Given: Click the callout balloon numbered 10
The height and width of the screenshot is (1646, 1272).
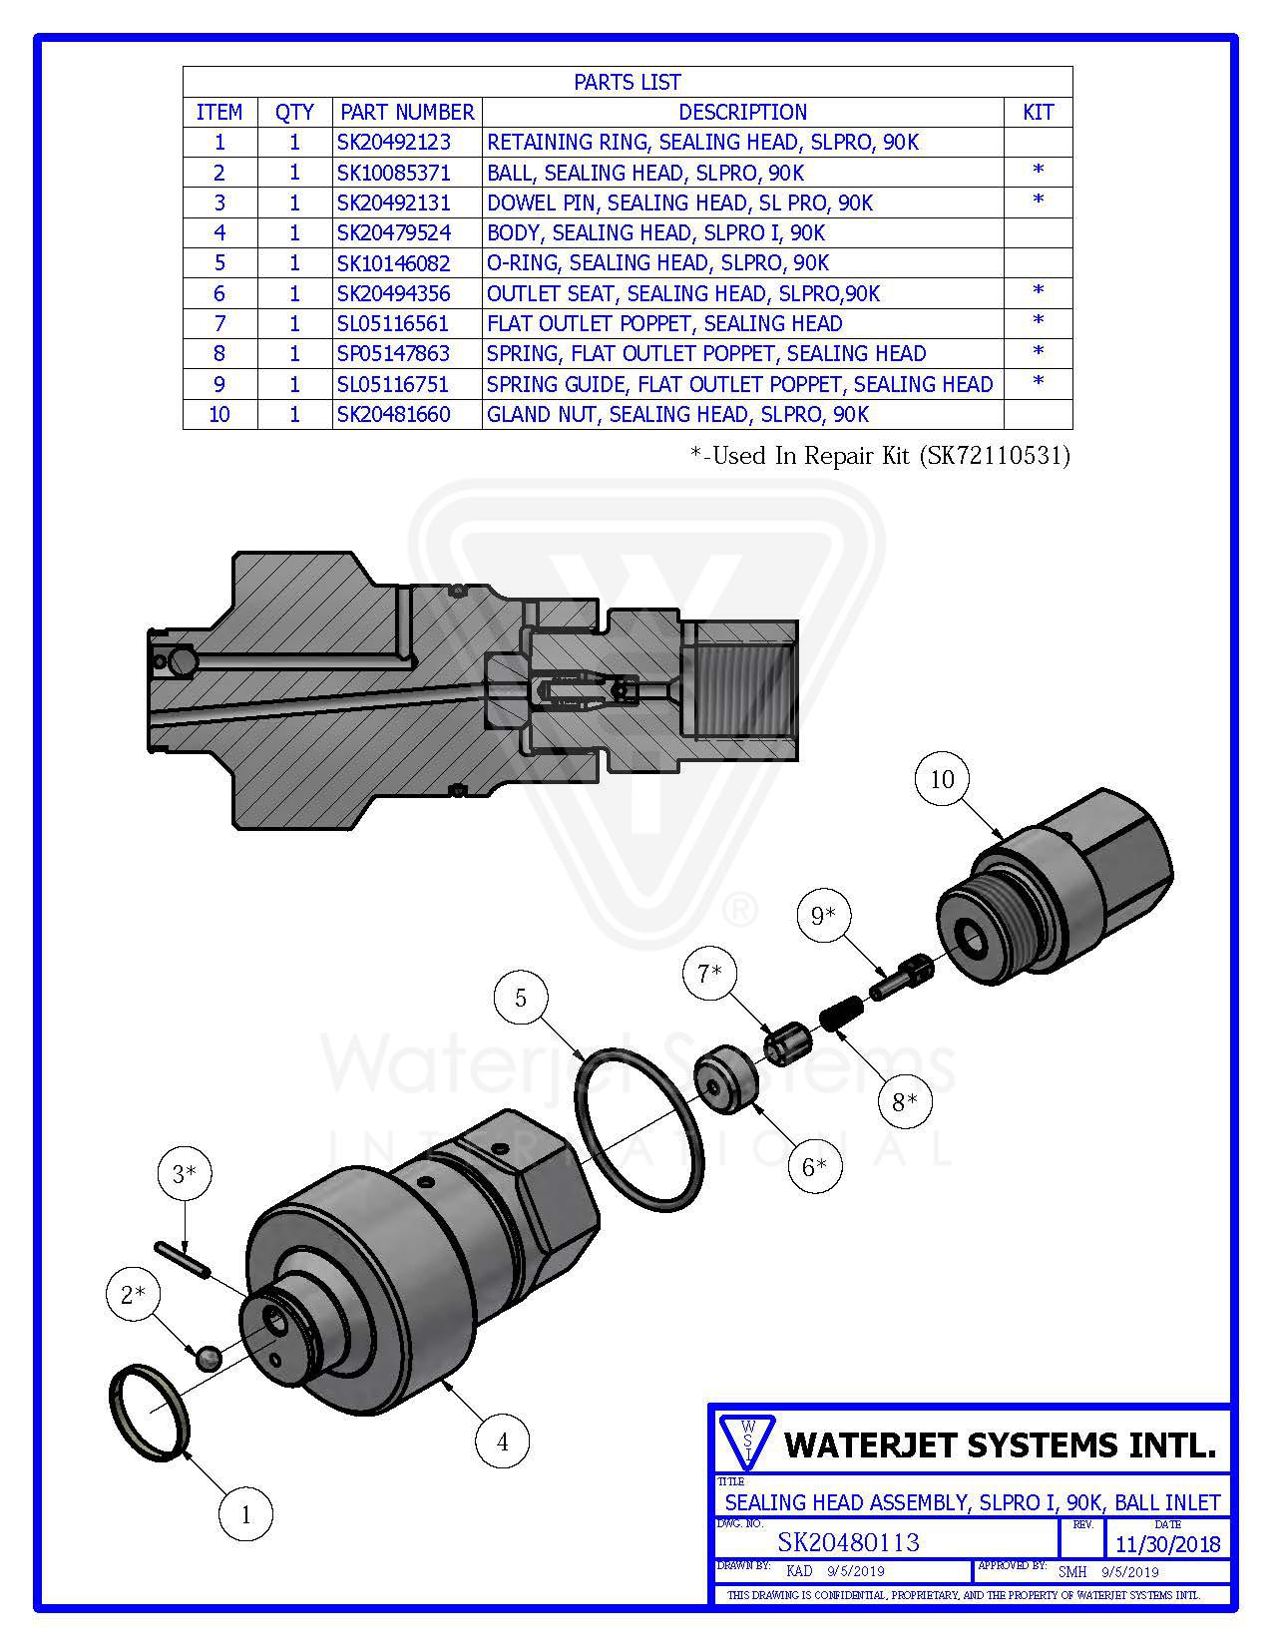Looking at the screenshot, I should pos(943,779).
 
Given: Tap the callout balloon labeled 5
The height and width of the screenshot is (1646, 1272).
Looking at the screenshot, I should pos(521,997).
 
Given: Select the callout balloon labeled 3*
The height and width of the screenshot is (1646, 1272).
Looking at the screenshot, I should pos(185,1174).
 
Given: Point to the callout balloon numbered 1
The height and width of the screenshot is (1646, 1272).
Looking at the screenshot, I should pos(246,1515).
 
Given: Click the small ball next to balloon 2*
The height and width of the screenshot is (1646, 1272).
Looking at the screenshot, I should pos(207,1358).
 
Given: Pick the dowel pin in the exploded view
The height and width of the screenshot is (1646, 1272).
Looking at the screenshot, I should pos(182,1259).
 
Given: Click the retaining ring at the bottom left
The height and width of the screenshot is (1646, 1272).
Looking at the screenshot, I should pos(148,1414).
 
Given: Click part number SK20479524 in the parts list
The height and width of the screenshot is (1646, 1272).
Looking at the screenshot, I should pos(394,233).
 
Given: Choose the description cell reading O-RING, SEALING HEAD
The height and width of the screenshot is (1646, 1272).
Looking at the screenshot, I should pos(658,263).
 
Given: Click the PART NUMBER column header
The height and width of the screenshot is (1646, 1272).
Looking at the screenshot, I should pos(407,112).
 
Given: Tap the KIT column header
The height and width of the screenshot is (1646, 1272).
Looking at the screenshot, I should pos(1038,112).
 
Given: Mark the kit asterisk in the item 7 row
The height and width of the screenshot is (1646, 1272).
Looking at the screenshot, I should pos(1038,322).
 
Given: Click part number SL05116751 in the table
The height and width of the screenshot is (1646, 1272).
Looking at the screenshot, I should pos(394,384).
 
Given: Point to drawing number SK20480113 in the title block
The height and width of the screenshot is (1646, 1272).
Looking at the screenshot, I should pos(848,1542).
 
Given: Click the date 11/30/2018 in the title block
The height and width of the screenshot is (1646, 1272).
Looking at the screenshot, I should pos(1167,1544).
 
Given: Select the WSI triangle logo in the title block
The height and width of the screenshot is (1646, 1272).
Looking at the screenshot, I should pos(746,1440).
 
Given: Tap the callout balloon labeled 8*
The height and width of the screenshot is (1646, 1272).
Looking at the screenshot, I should pos(906,1102).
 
